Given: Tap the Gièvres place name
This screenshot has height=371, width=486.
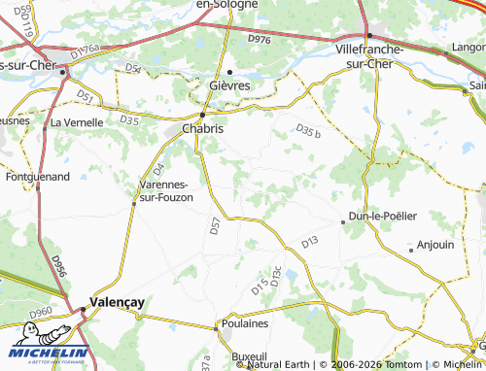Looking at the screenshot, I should (x=229, y=85).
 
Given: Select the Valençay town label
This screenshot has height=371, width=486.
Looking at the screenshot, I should (x=117, y=302).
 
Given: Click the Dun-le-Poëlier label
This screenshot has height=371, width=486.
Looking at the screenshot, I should (x=382, y=216).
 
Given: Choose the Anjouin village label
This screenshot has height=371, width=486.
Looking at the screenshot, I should (x=434, y=245).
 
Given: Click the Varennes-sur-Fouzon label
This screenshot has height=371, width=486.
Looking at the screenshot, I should (x=166, y=190).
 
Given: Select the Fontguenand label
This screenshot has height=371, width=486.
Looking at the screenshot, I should (x=36, y=178).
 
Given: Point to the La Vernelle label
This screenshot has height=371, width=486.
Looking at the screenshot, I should (x=77, y=122).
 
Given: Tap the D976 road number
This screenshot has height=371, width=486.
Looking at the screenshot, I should (x=260, y=39).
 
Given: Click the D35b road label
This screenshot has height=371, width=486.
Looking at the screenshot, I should (x=307, y=130).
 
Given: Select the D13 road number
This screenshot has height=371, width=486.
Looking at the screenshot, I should (x=310, y=241).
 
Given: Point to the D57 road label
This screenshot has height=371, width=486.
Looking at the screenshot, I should (x=215, y=225).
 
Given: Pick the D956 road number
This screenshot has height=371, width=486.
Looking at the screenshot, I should (x=57, y=266).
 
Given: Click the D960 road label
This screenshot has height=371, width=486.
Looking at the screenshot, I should (x=40, y=313).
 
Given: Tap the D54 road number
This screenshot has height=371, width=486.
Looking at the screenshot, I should (x=133, y=69).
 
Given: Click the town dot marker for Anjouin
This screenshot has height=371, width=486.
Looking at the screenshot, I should (x=411, y=250).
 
